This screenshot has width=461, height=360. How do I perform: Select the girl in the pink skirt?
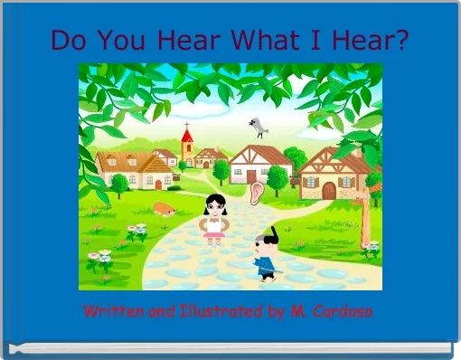click(x=214, y=220)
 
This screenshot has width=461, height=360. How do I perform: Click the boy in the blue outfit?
click(x=265, y=255)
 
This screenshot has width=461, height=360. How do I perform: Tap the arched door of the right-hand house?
click(x=329, y=190)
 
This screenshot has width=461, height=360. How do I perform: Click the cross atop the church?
click(x=187, y=126)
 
